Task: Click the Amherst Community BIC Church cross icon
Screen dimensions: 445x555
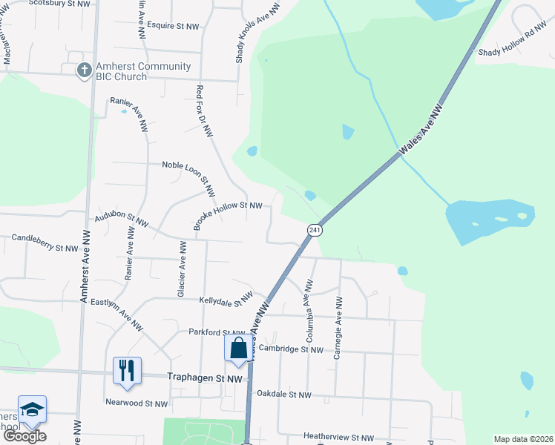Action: pyautogui.click(x=85, y=70)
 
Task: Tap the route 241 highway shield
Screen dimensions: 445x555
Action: pyautogui.click(x=314, y=231)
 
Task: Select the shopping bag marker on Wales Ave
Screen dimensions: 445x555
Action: pyautogui.click(x=238, y=348)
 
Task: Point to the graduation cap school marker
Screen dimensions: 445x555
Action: pyautogui.click(x=32, y=409)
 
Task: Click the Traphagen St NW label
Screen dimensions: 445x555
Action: pyautogui.click(x=205, y=378)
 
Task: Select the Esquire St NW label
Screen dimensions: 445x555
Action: pyautogui.click(x=173, y=26)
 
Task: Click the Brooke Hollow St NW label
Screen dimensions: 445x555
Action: pyautogui.click(x=229, y=215)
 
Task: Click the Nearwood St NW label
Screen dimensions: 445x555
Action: pyautogui.click(x=137, y=404)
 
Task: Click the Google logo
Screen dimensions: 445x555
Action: pyautogui.click(x=24, y=436)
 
